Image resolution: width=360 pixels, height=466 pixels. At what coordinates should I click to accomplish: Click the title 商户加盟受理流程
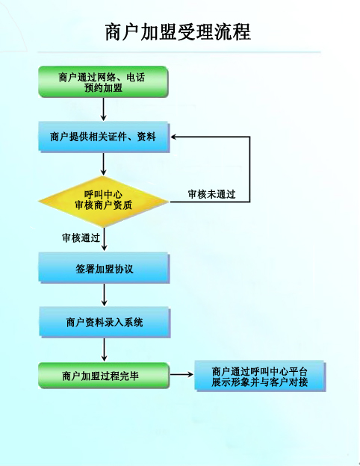[x=178, y=32]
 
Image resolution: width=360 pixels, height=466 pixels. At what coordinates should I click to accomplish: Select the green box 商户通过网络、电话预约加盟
[x=104, y=81]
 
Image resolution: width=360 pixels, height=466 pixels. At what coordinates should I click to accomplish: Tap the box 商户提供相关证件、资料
[x=104, y=137]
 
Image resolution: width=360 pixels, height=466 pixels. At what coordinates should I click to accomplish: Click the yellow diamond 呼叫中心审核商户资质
[x=104, y=202]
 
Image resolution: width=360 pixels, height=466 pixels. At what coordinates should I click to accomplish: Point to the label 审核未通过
[x=211, y=194]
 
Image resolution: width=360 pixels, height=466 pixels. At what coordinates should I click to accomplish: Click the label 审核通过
[x=81, y=237]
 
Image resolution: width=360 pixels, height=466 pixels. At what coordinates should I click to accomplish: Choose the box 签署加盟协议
[x=104, y=268]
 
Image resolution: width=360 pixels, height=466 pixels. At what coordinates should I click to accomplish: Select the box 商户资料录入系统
[x=105, y=322]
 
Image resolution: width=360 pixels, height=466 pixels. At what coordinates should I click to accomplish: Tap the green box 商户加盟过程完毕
[x=104, y=376]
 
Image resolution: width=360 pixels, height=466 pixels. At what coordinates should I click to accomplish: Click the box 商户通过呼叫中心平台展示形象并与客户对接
[x=260, y=376]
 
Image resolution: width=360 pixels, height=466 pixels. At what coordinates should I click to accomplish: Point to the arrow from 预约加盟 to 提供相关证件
[x=104, y=109]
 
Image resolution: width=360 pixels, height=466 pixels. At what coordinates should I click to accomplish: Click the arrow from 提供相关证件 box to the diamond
[x=104, y=164]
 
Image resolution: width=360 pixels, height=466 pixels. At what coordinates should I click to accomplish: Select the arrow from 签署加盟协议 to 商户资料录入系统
[x=104, y=294]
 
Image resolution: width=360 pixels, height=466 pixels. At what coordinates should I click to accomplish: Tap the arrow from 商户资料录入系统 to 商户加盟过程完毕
[x=104, y=349]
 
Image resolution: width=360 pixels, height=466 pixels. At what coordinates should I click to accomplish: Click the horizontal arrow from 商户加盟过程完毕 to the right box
[x=181, y=374]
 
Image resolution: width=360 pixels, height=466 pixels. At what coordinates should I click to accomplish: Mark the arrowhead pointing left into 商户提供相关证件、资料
[x=174, y=137]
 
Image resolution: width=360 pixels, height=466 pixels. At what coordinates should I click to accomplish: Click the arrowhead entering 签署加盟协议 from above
[x=104, y=248]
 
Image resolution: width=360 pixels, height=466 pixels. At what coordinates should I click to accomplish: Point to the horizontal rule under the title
[x=179, y=52]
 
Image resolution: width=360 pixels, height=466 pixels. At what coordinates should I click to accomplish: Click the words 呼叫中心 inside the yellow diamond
[x=103, y=195]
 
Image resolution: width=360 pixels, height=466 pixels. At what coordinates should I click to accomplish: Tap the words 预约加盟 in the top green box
[x=103, y=87]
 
